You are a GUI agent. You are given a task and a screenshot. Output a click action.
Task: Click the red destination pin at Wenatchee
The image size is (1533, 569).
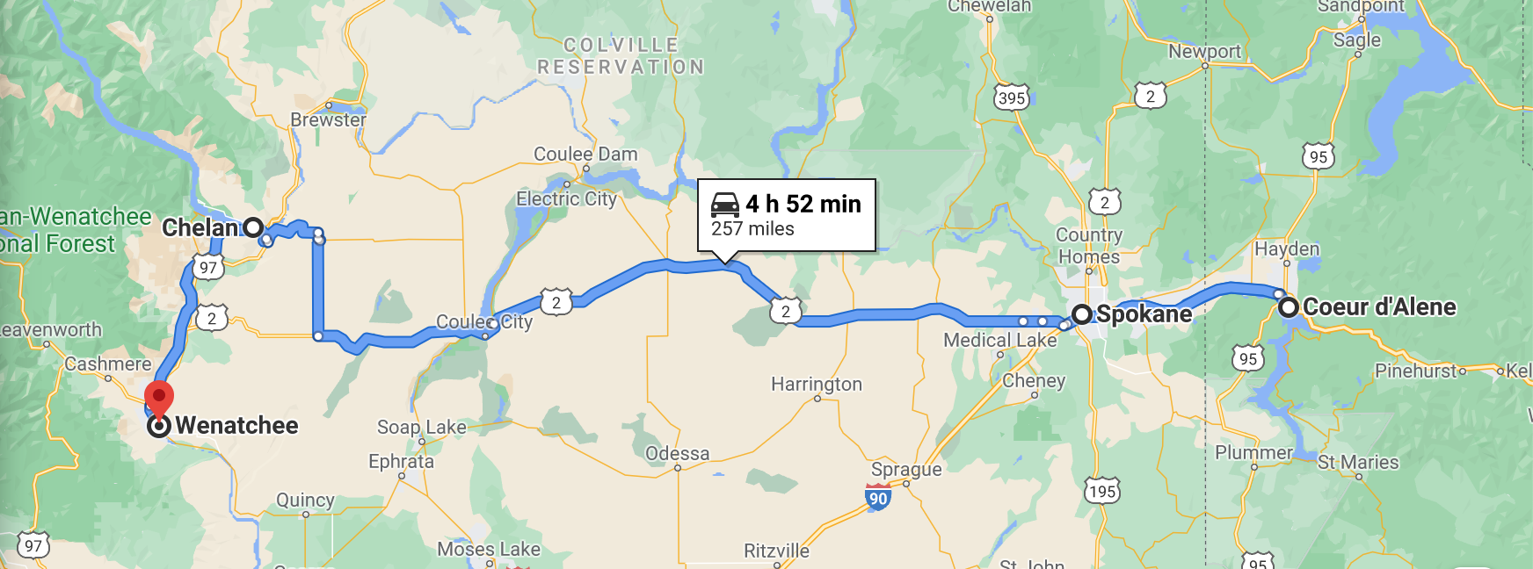[159, 397]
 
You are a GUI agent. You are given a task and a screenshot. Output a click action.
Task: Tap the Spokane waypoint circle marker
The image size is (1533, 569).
[1082, 314]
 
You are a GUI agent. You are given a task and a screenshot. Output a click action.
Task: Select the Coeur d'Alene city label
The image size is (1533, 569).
[1378, 307]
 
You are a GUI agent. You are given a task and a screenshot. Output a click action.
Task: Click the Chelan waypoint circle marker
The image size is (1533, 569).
[253, 227]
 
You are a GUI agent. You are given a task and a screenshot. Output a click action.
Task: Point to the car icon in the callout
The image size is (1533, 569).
[725, 205]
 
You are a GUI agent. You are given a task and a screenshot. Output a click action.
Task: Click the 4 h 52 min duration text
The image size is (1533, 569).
[803, 204]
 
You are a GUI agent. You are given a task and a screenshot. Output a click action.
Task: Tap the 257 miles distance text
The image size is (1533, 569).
[752, 229]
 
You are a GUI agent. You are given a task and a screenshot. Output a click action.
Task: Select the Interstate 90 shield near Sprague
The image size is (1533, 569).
[878, 498]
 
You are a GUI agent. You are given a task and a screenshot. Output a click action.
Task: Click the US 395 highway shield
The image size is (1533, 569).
[1012, 97]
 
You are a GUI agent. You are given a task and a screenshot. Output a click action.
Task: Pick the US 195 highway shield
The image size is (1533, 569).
[1102, 491]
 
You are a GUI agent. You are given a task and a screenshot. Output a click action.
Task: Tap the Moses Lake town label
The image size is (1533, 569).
[489, 550]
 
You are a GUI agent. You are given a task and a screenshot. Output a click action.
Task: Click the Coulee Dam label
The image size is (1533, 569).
[585, 155]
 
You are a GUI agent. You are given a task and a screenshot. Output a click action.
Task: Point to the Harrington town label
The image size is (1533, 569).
[817, 384]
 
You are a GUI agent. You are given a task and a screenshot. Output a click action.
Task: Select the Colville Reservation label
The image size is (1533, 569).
[621, 56]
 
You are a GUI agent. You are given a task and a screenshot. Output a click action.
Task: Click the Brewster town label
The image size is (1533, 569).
[328, 119]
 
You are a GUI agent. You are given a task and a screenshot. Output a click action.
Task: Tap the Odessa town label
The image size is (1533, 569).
[677, 453]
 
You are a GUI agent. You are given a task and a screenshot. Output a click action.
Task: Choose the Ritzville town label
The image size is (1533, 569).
[776, 551]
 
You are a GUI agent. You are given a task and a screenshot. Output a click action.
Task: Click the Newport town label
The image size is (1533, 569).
[1204, 52]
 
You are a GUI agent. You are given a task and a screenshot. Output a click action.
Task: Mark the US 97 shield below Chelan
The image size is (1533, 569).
[207, 268]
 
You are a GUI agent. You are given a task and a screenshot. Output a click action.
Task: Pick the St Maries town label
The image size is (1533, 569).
[1358, 462]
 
